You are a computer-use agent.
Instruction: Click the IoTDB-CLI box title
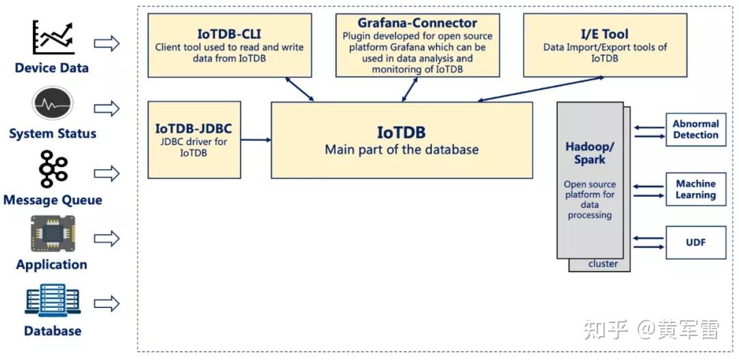[229, 34]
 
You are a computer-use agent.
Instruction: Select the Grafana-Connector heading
[417, 23]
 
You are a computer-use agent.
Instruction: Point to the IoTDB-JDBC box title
[194, 128]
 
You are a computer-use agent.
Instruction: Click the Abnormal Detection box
[696, 129]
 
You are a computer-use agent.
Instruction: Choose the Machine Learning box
[696, 189]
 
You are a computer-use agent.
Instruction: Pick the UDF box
[696, 242]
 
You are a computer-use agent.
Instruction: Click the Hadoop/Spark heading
[590, 153]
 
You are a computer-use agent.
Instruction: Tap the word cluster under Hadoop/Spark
[603, 264]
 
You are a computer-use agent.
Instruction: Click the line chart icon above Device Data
[53, 38]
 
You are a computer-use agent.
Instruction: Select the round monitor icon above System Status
[53, 105]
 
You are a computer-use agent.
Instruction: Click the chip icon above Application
[53, 234]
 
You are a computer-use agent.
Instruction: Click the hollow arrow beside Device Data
[106, 44]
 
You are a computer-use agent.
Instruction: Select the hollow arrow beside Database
[106, 303]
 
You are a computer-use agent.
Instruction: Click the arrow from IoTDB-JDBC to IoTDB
[256, 140]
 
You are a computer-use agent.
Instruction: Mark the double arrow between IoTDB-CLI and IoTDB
[299, 90]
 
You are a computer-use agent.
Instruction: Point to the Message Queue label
[53, 201]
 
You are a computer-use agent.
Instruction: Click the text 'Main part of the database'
[402, 149]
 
